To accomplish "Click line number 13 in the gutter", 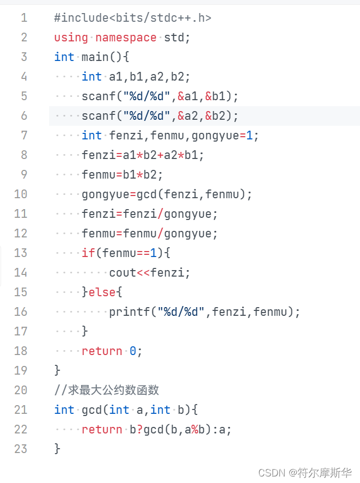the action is coord(21,253).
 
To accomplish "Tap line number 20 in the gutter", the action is coord(21,390).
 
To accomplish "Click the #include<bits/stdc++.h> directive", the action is coord(132,17).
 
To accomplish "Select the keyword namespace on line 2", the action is coord(126,37).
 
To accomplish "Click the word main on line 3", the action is coord(95,57).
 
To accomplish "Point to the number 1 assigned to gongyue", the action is coord(249,135).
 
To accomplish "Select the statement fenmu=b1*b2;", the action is coord(123,174).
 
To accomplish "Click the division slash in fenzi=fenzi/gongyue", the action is coord(160,213).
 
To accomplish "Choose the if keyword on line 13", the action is coord(88,253).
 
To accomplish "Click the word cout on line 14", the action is coord(123,272).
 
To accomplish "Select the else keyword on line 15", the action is coord(102,292).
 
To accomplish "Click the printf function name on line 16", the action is coord(129,311).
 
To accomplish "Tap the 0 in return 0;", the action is coord(132,351).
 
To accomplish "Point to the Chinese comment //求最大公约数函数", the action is coord(107,390).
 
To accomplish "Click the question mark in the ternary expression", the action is coord(139,429).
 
